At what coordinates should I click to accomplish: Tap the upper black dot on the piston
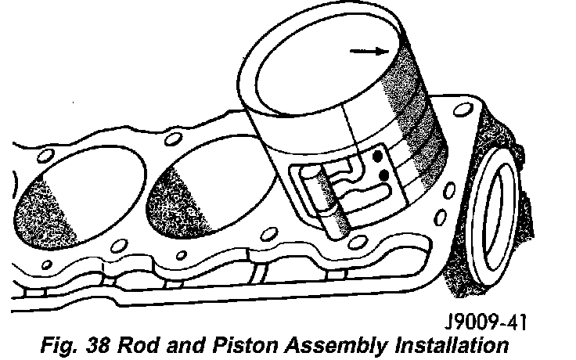378,157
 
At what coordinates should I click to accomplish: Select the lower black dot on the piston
383,177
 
